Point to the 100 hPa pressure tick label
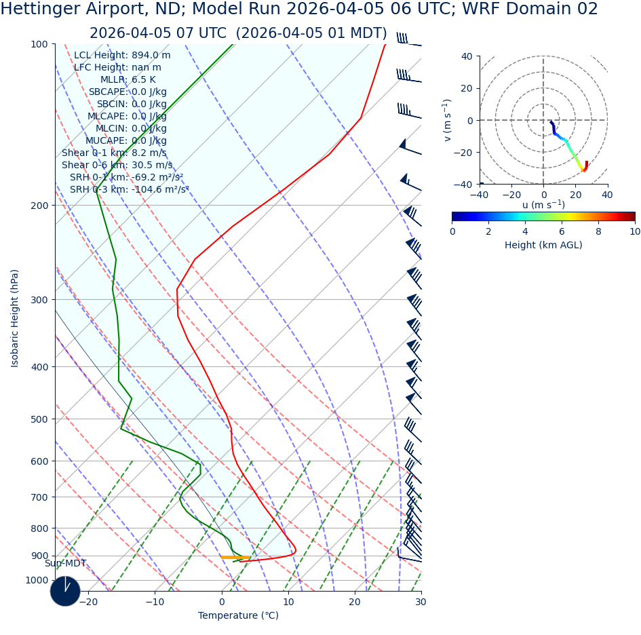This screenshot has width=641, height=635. pyautogui.click(x=39, y=44)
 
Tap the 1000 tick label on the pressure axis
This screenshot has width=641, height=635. pyautogui.click(x=37, y=580)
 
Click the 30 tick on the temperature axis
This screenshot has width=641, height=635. pyautogui.click(x=421, y=602)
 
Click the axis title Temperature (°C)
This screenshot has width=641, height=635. pyautogui.click(x=238, y=615)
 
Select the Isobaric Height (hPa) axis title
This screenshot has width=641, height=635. pyautogui.click(x=15, y=318)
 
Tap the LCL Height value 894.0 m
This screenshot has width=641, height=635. pyautogui.click(x=151, y=56)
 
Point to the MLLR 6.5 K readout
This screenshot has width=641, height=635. pyautogui.click(x=128, y=80)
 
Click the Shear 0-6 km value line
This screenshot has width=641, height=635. pyautogui.click(x=117, y=166)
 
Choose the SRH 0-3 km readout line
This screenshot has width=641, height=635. pyautogui.click(x=129, y=190)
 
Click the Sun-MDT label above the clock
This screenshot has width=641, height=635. pyautogui.click(x=65, y=564)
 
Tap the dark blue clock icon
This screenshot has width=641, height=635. pyautogui.click(x=65, y=591)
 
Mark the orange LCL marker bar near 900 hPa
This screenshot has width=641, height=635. pyautogui.click(x=234, y=557)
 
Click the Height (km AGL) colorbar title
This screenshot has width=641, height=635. pyautogui.click(x=543, y=245)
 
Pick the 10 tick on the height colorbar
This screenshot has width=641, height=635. pyautogui.click(x=634, y=231)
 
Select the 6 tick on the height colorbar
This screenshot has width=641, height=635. pyautogui.click(x=562, y=231)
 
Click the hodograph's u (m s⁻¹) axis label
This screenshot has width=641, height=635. pyautogui.click(x=543, y=205)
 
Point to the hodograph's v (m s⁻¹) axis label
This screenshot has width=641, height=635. pyautogui.click(x=448, y=120)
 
